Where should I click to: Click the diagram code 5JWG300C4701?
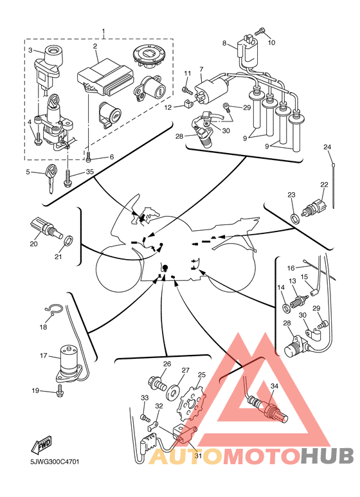pos(55,462)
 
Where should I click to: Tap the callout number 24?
pos(327,147)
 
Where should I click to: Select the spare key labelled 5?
pos(50,179)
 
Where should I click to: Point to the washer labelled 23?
pos(295,219)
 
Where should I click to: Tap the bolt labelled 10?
pos(260,32)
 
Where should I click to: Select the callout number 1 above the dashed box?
pos(104,31)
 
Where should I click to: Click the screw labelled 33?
pos(146,418)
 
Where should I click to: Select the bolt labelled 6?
pos(89,156)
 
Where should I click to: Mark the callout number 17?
pos(44,356)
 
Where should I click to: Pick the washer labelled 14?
pos(286,307)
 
